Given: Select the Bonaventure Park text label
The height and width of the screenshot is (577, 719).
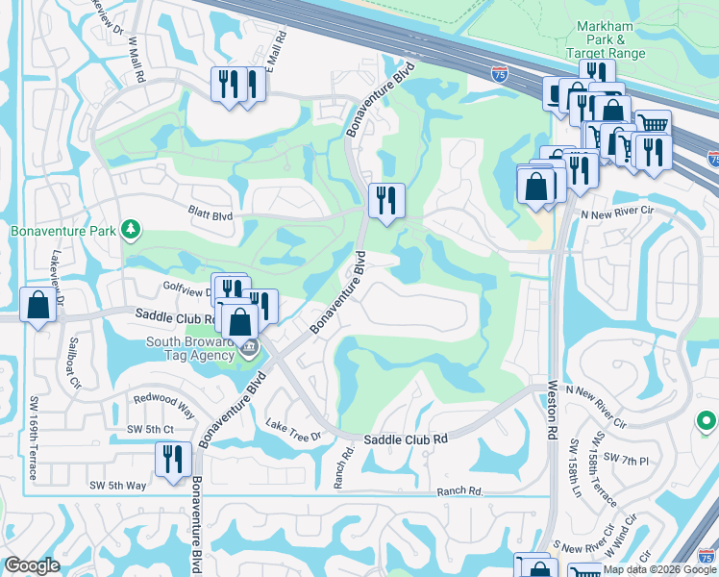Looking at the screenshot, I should click(62, 231).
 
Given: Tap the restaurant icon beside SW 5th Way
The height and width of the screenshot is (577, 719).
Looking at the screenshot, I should click(173, 459).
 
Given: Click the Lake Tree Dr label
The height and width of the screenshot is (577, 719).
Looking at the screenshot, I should click(293, 431).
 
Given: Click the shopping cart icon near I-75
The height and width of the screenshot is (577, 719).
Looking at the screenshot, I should click(653, 124).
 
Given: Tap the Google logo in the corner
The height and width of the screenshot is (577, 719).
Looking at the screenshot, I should click(32, 565).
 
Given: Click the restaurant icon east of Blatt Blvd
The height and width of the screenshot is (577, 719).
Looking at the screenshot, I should click(386, 200).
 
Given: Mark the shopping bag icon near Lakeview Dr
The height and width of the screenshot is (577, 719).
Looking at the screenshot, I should click(37, 306).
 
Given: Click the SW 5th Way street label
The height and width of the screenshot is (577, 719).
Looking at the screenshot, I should click(117, 486).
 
